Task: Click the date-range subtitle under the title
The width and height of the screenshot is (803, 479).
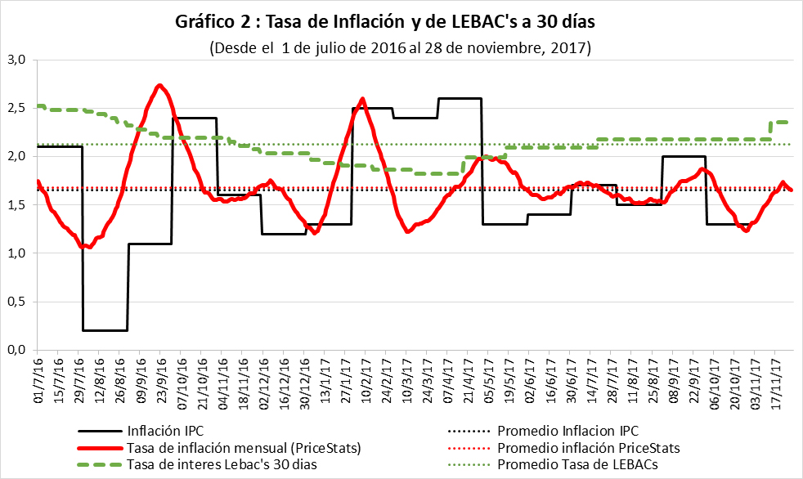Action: point(400,47)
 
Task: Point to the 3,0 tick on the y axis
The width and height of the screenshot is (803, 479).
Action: point(19,60)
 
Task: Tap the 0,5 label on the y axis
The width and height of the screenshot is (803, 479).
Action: point(19,302)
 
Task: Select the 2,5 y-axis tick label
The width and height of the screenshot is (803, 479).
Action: point(19,108)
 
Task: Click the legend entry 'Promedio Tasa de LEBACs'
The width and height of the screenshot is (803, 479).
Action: point(577,464)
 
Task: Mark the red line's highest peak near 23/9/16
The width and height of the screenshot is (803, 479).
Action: point(160,85)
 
